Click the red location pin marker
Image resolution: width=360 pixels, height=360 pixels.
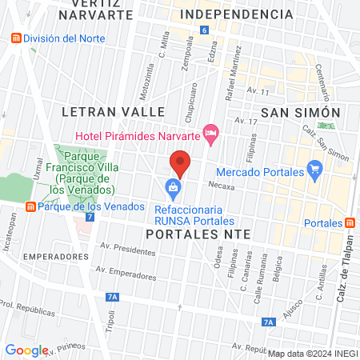181,164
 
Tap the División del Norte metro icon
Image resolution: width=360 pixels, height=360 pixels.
14,39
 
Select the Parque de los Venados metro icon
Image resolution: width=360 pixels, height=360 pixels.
30,207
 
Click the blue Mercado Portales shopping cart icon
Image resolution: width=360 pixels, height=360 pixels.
314,170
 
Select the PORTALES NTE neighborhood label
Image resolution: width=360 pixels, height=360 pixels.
199,234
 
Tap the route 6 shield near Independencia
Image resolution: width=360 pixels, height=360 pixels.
205,30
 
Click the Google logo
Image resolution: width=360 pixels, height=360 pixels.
26,350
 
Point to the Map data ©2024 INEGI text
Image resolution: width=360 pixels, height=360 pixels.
312,354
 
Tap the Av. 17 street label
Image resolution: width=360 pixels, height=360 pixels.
245,121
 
